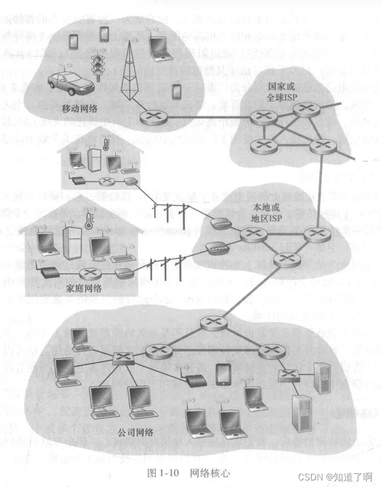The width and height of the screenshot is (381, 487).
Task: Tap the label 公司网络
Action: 135,433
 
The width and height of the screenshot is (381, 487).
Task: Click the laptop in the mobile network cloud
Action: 160,48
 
